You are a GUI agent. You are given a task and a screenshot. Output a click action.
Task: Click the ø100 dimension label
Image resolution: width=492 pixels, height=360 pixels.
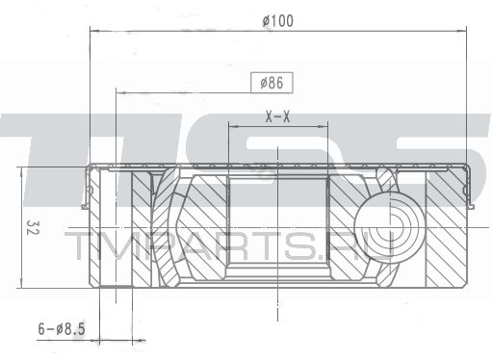pos(278,21)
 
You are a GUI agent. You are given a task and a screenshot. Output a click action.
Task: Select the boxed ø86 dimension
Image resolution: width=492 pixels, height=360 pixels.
pos(272,83)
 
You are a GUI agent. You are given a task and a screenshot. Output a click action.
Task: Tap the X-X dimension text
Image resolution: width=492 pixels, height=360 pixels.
pos(277,116)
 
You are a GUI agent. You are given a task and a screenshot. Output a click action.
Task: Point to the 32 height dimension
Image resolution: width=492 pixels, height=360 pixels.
pos(31,227)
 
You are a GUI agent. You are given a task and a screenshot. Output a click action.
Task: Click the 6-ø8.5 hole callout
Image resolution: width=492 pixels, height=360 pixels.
pos(62,329)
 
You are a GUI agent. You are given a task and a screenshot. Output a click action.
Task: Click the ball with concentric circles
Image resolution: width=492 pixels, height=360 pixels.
pos(390,227)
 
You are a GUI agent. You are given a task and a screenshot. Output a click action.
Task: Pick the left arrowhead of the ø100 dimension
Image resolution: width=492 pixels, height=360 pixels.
pos(95,31)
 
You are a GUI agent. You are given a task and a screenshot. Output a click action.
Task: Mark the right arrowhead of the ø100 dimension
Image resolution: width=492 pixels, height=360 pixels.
pos(461,31)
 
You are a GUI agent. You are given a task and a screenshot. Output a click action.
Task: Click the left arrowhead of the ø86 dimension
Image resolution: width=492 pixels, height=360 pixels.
pos(121,93)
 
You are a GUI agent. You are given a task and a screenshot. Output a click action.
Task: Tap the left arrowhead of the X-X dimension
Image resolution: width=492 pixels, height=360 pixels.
pos(234,127)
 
